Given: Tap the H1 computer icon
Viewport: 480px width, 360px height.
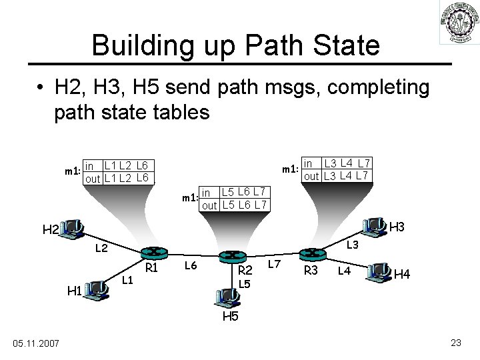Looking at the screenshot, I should [97, 289].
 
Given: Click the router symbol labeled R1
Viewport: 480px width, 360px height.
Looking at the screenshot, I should [152, 253].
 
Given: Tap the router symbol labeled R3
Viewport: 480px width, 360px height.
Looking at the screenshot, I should [311, 253].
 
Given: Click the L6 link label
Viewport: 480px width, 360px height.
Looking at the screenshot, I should [191, 266].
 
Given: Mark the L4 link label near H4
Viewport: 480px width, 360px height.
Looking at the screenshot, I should [344, 270].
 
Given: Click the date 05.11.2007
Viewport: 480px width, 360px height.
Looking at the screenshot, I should [36, 343].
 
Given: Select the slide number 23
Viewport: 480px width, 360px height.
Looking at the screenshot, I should [456, 343].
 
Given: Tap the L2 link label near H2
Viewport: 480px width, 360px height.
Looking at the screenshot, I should [101, 248].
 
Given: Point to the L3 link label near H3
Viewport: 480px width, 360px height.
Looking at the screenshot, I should [353, 245].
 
